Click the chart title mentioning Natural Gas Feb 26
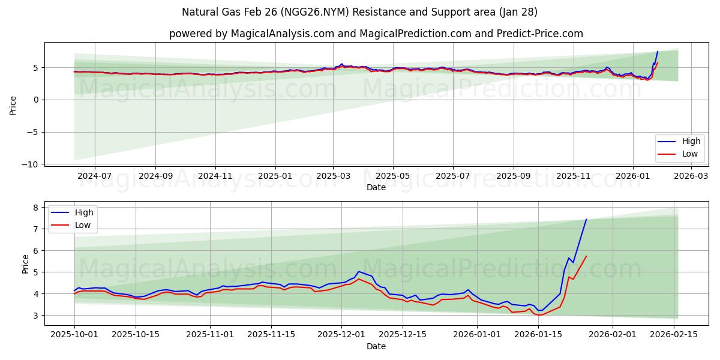(360, 12)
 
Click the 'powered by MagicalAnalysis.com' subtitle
(376, 34)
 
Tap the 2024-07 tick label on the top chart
(95, 176)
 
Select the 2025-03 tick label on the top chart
(333, 176)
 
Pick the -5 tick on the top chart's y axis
(34, 132)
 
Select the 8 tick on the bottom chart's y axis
(35, 208)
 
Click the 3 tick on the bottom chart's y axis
(35, 316)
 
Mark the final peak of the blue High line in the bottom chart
(586, 219)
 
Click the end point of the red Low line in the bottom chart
(586, 256)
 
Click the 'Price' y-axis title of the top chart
(13, 105)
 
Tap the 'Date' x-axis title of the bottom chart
(376, 347)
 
